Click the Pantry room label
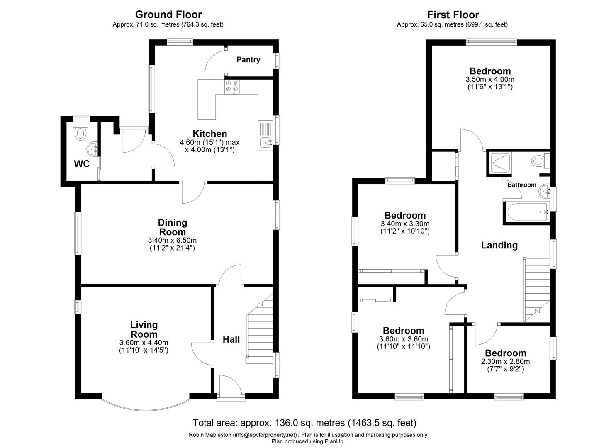point(248,60)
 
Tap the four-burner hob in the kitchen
point(232,87)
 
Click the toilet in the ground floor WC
point(80,131)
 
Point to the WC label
point(82,164)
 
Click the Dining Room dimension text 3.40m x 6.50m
point(172,240)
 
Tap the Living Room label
point(144,329)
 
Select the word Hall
point(231,339)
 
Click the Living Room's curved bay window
point(146,410)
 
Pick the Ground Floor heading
point(168,14)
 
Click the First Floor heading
point(453,14)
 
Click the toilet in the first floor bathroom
point(540,161)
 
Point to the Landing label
point(499,245)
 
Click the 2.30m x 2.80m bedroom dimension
point(505,362)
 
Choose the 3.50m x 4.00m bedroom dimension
point(490,80)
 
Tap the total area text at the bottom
point(305,423)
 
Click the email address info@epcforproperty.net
point(265,435)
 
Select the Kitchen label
point(210,134)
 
